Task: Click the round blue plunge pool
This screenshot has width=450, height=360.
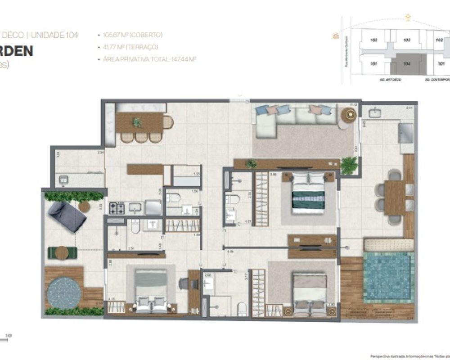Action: [64, 293]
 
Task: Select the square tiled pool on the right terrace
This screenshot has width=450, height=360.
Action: [388, 277]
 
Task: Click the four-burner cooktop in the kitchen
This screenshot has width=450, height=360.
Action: [117, 208]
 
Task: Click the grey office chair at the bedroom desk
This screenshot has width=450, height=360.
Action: [184, 283]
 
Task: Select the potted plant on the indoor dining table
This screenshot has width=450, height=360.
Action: [137, 122]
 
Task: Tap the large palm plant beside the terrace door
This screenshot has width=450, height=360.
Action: [348, 165]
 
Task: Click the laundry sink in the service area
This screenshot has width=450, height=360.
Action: [63, 180]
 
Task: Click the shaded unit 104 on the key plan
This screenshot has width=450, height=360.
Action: [407, 64]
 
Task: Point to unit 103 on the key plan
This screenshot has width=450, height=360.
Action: [406, 40]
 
